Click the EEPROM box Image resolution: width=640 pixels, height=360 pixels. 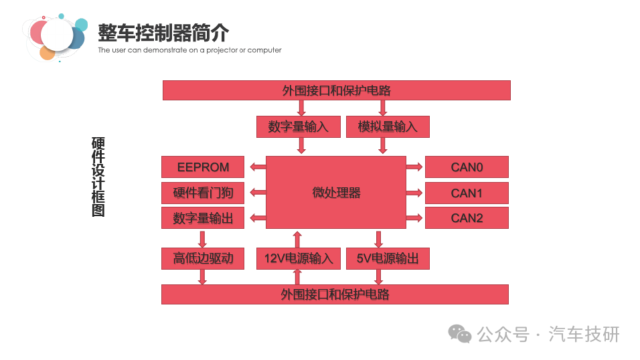(203, 167)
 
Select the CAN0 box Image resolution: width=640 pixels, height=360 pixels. (467, 167)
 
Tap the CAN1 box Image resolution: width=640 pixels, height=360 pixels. (467, 193)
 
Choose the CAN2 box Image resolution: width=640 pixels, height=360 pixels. (467, 218)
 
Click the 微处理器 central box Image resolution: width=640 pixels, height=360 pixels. (336, 192)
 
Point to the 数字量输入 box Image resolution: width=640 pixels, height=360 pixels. (299, 126)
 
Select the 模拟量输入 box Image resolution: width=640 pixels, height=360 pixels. (388, 126)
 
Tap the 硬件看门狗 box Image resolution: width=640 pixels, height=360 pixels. (203, 193)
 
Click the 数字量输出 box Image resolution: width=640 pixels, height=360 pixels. (203, 218)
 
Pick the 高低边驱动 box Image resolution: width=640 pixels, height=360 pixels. (203, 258)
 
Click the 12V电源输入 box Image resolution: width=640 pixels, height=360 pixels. (299, 258)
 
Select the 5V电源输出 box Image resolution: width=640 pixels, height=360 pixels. (388, 258)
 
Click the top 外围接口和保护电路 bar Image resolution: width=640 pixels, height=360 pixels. (337, 90)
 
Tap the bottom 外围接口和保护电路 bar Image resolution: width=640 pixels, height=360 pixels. (335, 294)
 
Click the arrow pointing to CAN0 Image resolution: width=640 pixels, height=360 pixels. (414, 167)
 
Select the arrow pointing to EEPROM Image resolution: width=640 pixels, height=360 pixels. (258, 167)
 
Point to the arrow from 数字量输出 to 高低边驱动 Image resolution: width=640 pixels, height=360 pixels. (202, 239)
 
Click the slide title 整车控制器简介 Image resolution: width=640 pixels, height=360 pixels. (163, 33)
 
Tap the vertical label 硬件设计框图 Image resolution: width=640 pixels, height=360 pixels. (98, 177)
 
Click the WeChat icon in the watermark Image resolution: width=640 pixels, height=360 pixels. (460, 334)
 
